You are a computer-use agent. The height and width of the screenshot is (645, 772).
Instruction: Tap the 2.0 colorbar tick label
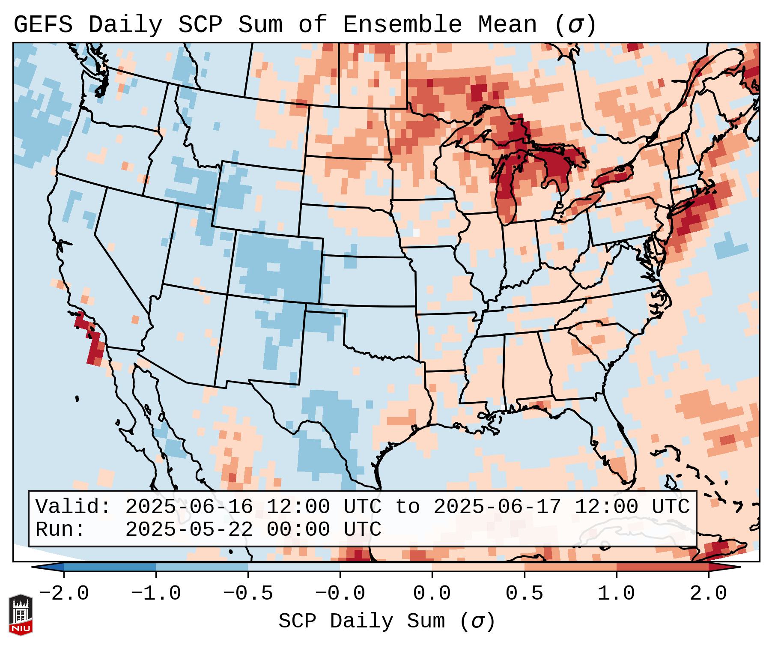(708, 593)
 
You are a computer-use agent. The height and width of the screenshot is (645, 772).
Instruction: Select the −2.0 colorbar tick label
(64, 593)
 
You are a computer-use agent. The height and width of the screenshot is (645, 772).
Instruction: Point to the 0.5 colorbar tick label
(524, 593)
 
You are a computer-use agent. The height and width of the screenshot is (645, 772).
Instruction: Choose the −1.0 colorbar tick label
(156, 593)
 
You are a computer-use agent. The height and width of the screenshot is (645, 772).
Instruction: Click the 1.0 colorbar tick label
(616, 593)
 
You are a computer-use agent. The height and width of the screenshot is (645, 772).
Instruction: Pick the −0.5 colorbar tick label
(248, 593)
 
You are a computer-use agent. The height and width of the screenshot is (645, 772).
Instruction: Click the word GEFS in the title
(43, 24)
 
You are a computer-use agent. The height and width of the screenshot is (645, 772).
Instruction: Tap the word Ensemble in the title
(402, 24)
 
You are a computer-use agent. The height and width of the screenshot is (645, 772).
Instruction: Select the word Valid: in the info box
(73, 507)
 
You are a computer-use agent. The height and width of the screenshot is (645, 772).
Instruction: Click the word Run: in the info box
(60, 529)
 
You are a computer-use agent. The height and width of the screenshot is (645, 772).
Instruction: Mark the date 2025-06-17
(497, 507)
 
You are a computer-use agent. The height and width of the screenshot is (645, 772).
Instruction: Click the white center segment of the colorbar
(386, 567)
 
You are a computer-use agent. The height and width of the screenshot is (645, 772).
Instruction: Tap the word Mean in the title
(507, 24)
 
